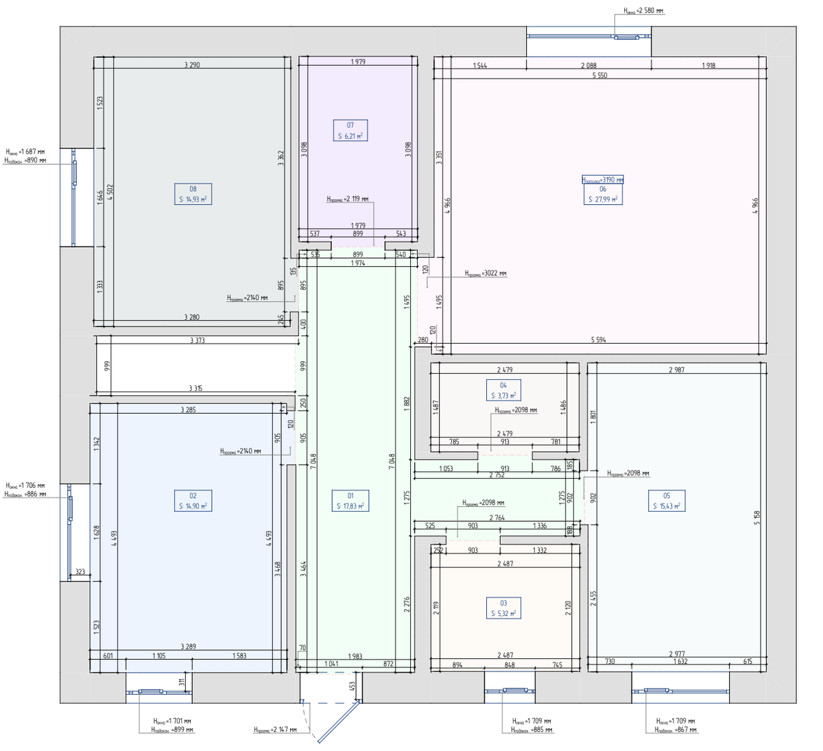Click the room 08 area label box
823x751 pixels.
click(x=193, y=194)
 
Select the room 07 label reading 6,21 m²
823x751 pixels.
click(x=350, y=130)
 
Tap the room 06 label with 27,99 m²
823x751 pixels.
click(x=603, y=194)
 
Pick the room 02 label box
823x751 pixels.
click(x=193, y=501)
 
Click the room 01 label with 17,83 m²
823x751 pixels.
click(x=350, y=501)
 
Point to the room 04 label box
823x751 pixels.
click(x=503, y=390)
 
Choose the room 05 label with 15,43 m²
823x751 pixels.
click(x=667, y=501)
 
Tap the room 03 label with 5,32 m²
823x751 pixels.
click(x=503, y=608)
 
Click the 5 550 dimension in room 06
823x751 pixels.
click(x=599, y=75)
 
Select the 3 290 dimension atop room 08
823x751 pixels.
click(x=192, y=65)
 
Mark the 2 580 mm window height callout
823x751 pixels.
click(x=643, y=11)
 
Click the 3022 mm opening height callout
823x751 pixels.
click(x=486, y=273)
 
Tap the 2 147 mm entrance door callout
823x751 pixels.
click(x=275, y=730)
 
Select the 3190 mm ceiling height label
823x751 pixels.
click(x=603, y=180)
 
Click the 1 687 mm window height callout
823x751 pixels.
click(x=25, y=152)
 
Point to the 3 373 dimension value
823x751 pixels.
click(x=197, y=340)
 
